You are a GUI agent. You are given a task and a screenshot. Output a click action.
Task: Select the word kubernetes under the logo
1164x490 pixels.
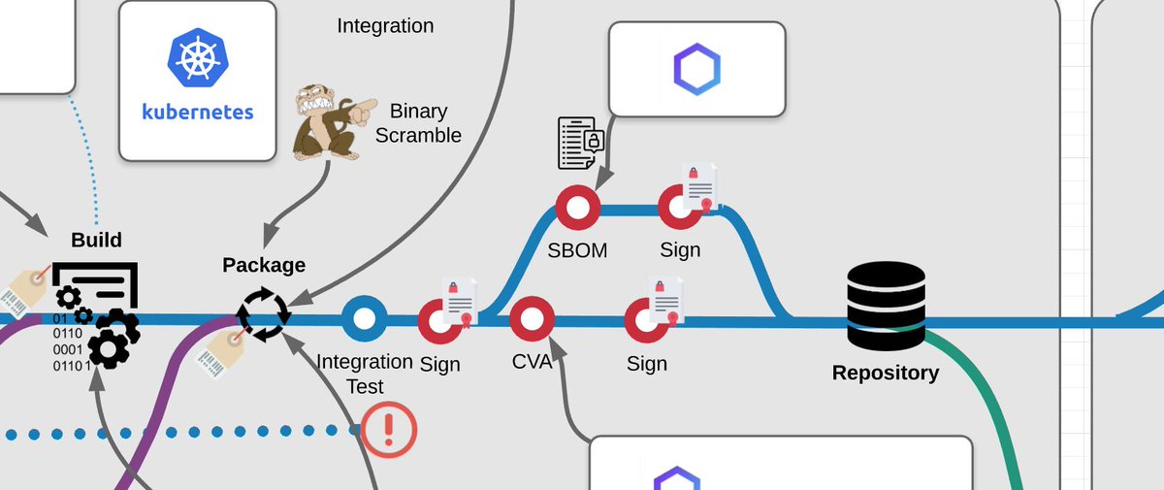(x=198, y=111)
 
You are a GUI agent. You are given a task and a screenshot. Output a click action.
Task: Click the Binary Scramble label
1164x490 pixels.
(x=418, y=123)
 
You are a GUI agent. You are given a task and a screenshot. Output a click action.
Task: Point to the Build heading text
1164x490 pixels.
(x=96, y=240)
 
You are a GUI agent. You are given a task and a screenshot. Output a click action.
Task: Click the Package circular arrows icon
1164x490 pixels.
(x=263, y=314)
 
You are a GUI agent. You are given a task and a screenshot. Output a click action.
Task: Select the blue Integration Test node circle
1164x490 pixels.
(x=364, y=318)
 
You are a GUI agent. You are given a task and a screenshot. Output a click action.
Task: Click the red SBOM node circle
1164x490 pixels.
(x=577, y=208)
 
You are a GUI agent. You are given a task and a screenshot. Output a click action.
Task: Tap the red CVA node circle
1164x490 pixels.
(x=532, y=318)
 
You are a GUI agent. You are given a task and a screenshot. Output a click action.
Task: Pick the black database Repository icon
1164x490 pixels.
(x=885, y=306)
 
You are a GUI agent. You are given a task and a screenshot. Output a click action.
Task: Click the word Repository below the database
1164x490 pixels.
(x=886, y=373)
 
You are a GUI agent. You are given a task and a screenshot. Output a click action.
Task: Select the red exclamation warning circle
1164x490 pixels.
(x=390, y=428)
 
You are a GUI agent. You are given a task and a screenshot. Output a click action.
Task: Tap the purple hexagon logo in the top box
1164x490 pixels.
(x=696, y=68)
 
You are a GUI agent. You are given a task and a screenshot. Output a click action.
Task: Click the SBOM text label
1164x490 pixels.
(x=576, y=250)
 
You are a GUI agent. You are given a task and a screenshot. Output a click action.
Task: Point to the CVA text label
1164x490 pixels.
(x=532, y=363)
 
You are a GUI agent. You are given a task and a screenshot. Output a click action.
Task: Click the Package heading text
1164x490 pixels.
(x=264, y=265)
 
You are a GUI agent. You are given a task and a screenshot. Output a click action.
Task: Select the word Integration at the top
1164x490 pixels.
(x=385, y=25)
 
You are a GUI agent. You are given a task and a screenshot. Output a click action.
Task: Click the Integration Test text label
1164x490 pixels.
(x=365, y=374)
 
